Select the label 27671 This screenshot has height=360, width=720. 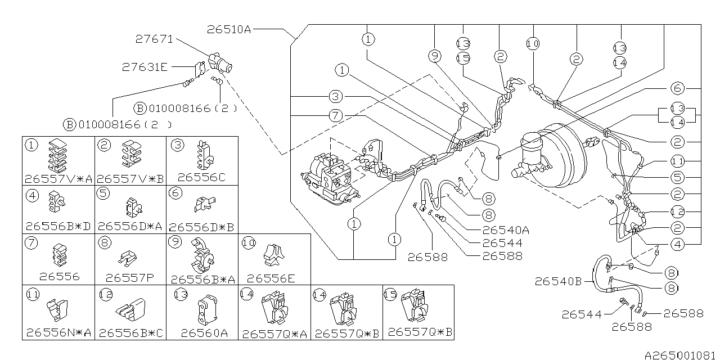pos(154,40)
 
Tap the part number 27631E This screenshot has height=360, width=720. pos(145,67)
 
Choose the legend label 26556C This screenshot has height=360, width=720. pos(201,178)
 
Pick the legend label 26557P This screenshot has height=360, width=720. pos(129,277)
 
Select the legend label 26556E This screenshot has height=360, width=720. pos(271,277)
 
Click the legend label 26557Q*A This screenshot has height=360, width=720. pos(275,333)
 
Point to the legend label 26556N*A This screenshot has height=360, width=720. pos(59,333)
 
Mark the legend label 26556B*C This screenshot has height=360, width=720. pos(131,333)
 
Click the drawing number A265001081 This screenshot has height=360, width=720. pos(681,355)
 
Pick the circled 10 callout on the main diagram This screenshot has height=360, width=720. pos(533,43)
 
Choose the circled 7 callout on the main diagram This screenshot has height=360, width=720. pos(336,116)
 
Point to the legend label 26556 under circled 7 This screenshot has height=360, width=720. pos(60,277)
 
